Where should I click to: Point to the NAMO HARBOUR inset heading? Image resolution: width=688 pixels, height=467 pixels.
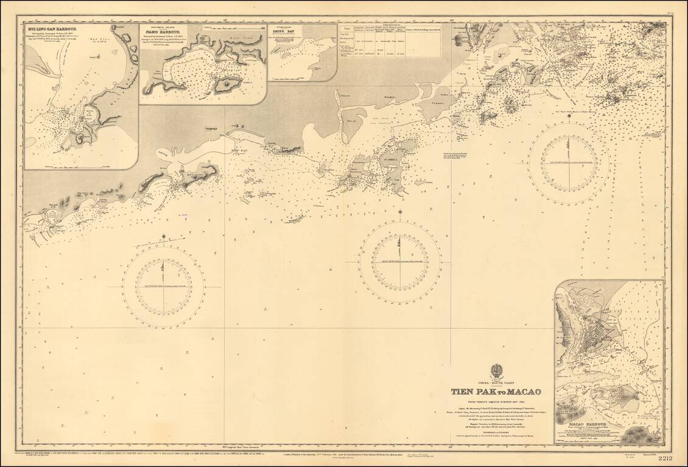[x=163, y=32]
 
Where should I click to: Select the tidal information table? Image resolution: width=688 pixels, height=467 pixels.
[x=390, y=40]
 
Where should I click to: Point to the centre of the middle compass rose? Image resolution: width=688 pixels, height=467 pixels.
[x=400, y=261]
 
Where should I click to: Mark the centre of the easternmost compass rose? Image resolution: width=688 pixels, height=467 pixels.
[x=569, y=163]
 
